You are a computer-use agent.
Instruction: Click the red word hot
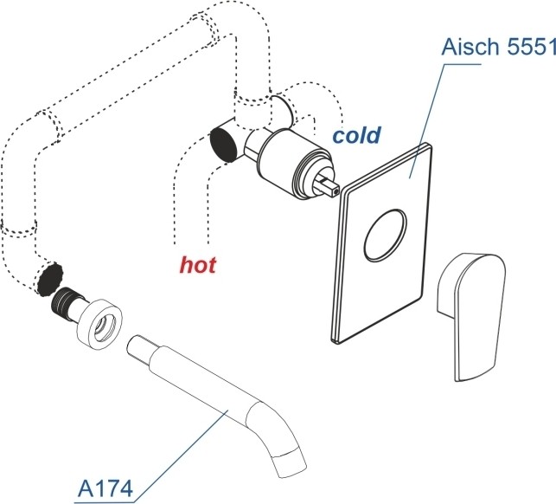[x=197, y=264]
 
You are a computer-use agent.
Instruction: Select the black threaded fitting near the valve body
[x=225, y=144]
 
